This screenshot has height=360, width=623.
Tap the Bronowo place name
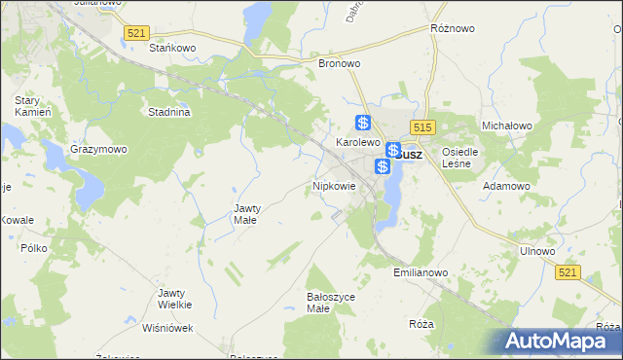340,63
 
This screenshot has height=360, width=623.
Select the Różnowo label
453,29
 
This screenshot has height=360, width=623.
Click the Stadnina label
168,112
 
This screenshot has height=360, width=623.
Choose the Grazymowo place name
98,150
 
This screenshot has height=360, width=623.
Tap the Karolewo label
357,142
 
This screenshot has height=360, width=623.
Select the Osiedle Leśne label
459,158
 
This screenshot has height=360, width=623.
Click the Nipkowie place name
334,185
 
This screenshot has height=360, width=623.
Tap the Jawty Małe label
244,214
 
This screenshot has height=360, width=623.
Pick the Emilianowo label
421,273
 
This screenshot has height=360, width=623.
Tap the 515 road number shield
421,127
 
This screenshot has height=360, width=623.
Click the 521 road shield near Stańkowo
136,33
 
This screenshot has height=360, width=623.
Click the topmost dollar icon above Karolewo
362,123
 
